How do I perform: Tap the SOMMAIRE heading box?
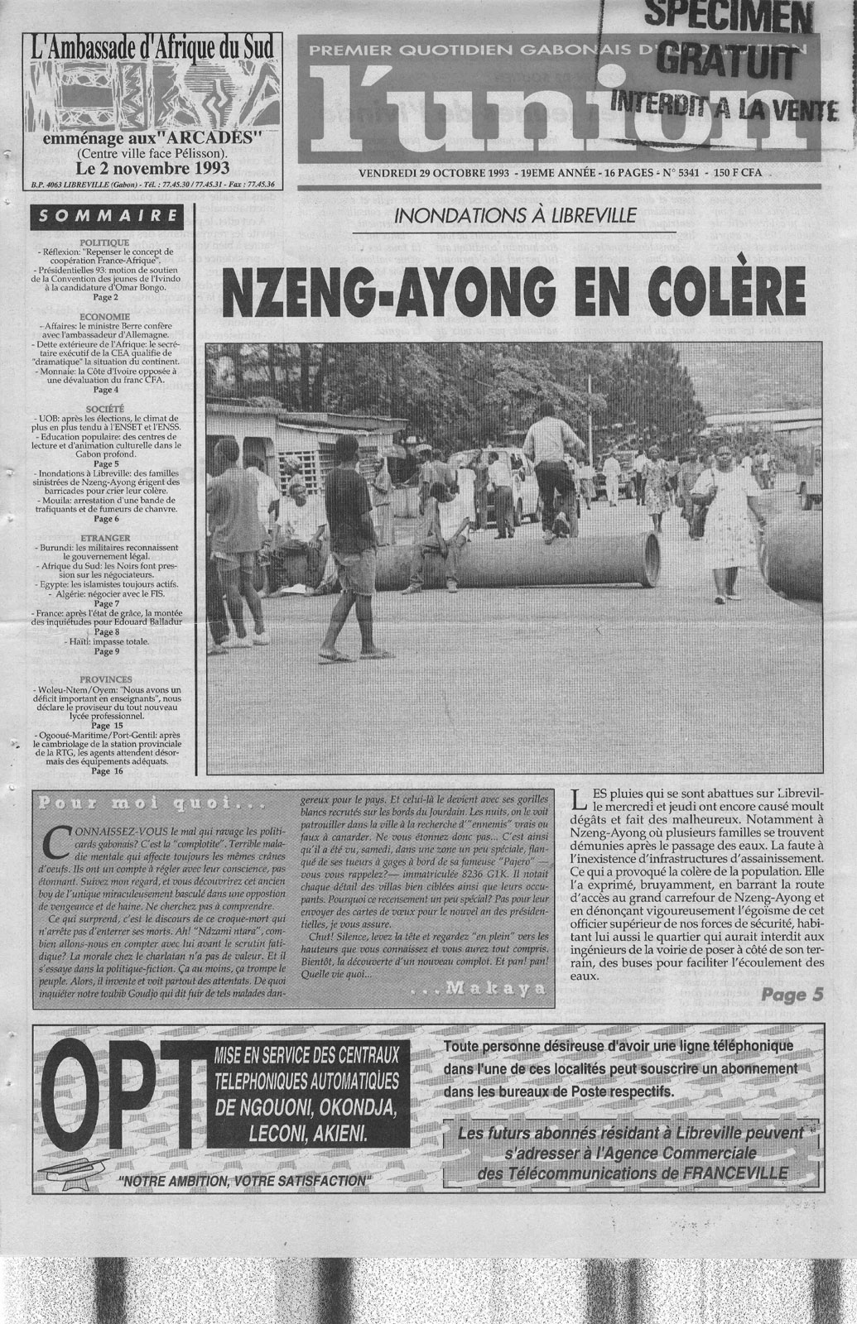105,218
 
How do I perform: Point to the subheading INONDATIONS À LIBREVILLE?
515,217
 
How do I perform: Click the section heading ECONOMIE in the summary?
105,316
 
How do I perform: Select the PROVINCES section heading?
105,675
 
